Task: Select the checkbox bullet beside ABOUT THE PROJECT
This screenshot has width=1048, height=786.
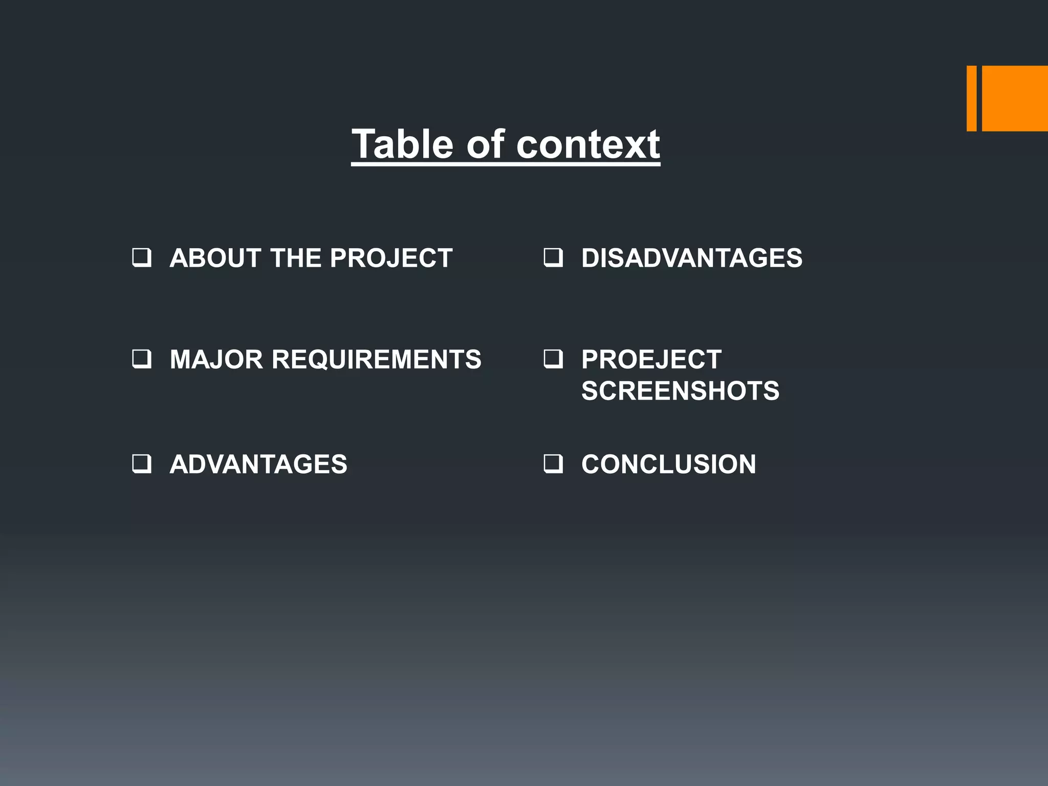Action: pyautogui.click(x=141, y=257)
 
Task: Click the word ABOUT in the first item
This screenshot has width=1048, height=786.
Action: pyautogui.click(x=215, y=258)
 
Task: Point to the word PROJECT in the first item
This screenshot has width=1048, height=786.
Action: pyautogui.click(x=391, y=258)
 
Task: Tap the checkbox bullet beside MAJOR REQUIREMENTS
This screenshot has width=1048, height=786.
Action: pyautogui.click(x=141, y=359)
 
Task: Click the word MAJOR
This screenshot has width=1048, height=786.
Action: pyautogui.click(x=216, y=359)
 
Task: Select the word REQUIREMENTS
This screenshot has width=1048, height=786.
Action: pyautogui.click(x=377, y=359)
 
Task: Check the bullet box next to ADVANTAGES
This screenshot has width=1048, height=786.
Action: pyautogui.click(x=141, y=464)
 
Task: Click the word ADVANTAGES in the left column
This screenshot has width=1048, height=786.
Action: pyautogui.click(x=258, y=464)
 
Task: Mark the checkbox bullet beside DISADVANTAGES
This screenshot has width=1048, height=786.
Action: pyautogui.click(x=553, y=257)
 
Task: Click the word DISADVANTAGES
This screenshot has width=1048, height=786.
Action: pyautogui.click(x=692, y=258)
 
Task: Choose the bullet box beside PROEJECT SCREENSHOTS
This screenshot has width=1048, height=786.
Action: pyautogui.click(x=553, y=359)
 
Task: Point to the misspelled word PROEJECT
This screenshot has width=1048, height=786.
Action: pyautogui.click(x=651, y=359)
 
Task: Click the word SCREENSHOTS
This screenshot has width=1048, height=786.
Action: pyautogui.click(x=680, y=391)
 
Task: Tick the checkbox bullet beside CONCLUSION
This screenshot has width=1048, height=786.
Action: pyautogui.click(x=553, y=464)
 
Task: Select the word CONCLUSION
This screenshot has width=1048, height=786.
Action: pyautogui.click(x=668, y=464)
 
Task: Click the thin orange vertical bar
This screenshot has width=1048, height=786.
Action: pyautogui.click(x=971, y=98)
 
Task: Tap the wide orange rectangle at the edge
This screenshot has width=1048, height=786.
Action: pyautogui.click(x=1015, y=98)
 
